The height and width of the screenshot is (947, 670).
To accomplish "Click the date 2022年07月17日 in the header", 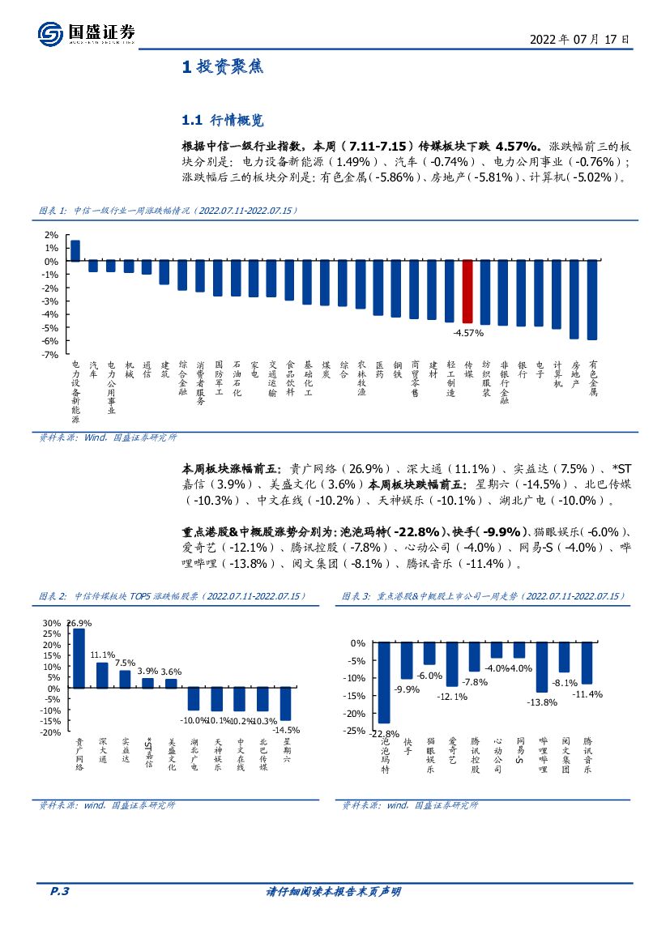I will coord(579,39).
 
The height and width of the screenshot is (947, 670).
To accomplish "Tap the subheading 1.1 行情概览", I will coord(223,121).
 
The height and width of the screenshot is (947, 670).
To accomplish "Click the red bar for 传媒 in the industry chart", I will coord(467,292).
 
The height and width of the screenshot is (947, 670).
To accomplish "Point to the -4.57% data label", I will coord(468,333).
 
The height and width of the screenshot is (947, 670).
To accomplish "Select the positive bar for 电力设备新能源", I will coord(75,250).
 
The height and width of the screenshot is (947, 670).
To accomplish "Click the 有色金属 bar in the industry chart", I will coord(592,300).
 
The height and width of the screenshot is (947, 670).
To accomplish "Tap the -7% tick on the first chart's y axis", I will coord(50,354).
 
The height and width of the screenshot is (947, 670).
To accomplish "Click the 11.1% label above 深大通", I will coord(101,655).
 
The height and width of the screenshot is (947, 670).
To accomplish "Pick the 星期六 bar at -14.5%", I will coord(285,704).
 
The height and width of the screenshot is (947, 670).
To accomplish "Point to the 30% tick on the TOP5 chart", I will coord(51,623).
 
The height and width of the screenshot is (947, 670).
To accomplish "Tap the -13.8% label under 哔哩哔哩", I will coord(542,702).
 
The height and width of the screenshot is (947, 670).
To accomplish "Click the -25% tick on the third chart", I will coord(355,731).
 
